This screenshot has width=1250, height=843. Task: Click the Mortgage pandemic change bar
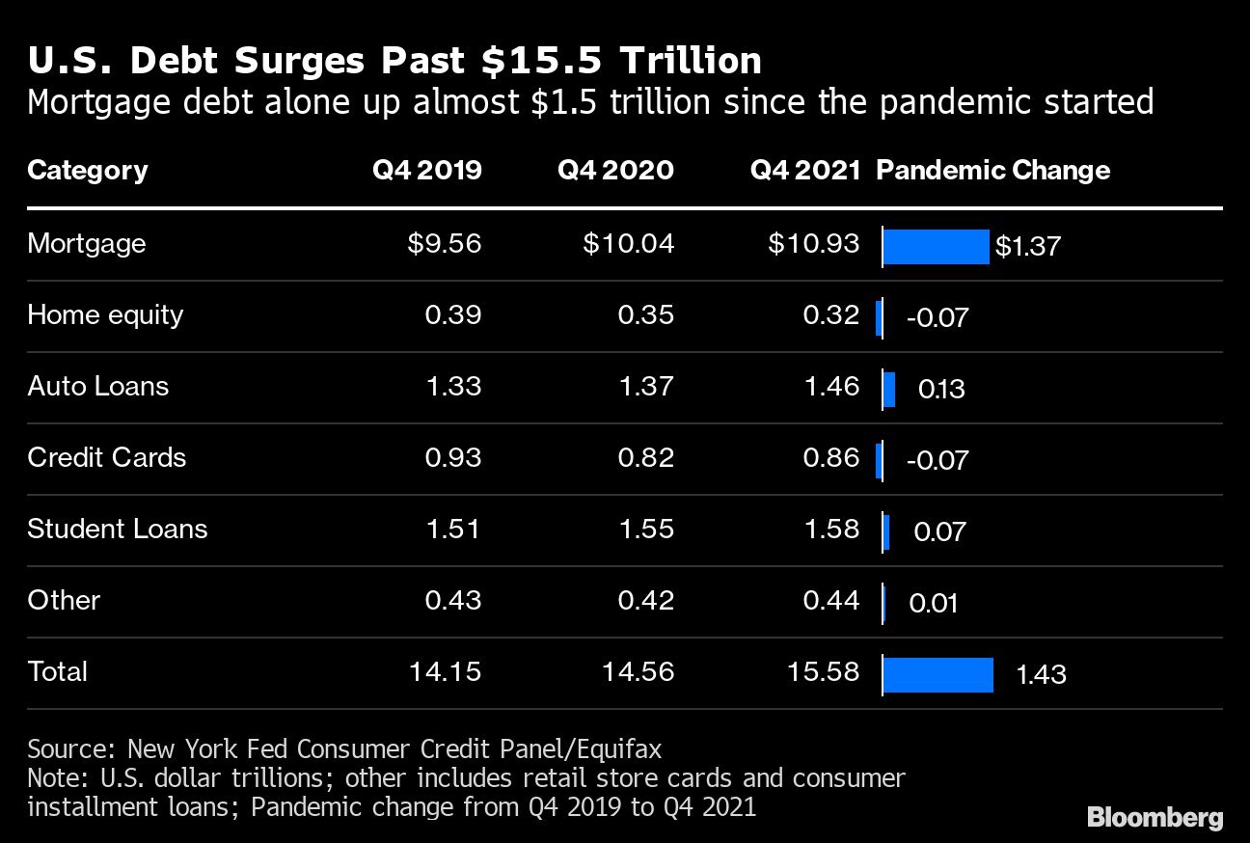(x=936, y=247)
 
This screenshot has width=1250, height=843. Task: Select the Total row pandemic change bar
(x=937, y=674)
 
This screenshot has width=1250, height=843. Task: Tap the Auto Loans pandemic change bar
(x=889, y=390)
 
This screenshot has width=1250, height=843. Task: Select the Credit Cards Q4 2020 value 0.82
(x=646, y=457)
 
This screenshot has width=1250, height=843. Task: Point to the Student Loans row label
(x=118, y=529)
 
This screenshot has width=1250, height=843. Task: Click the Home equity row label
(x=105, y=314)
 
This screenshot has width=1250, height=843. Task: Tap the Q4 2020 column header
(x=615, y=171)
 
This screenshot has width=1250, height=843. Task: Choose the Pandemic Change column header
(x=992, y=171)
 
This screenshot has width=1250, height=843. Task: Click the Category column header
(x=88, y=171)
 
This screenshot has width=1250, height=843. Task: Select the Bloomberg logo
(x=1155, y=818)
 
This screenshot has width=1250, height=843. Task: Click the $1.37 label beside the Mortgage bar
(x=1027, y=247)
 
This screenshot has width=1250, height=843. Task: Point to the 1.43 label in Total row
(x=1041, y=674)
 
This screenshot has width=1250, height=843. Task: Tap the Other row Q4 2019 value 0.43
(x=453, y=600)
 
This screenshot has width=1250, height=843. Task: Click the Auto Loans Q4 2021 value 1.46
(x=831, y=386)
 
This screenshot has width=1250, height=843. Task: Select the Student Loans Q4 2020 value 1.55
(x=646, y=529)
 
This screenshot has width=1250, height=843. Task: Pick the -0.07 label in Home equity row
(x=937, y=317)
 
